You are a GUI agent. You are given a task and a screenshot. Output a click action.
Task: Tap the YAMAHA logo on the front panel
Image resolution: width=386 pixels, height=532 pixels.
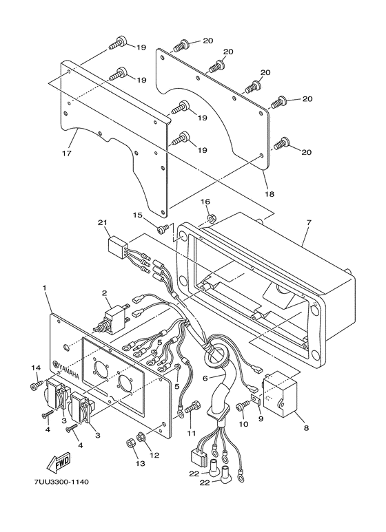70,369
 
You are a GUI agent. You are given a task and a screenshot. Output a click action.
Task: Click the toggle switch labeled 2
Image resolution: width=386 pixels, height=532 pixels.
108,321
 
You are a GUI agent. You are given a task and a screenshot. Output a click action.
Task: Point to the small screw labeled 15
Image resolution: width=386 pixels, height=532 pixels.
163,228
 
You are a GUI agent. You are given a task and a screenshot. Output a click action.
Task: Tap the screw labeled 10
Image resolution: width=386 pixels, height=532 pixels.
242,407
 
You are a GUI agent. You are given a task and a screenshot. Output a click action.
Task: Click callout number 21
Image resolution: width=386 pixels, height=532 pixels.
103,224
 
